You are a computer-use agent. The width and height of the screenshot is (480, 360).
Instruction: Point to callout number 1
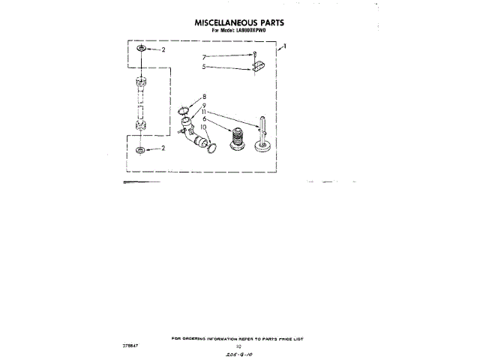pyautogui.click(x=284, y=47)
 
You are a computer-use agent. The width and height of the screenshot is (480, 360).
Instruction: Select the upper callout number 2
pyautogui.click(x=163, y=49)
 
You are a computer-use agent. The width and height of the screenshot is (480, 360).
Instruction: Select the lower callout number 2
pyautogui.click(x=163, y=148)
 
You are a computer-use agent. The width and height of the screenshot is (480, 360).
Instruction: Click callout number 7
pyautogui.click(x=204, y=57)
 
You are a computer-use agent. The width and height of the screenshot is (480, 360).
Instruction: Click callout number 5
pyautogui.click(x=204, y=67)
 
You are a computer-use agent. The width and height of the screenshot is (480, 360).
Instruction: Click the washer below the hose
pyautogui.click(x=140, y=151)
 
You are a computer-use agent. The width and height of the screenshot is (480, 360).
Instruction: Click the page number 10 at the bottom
pyautogui.click(x=238, y=346)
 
